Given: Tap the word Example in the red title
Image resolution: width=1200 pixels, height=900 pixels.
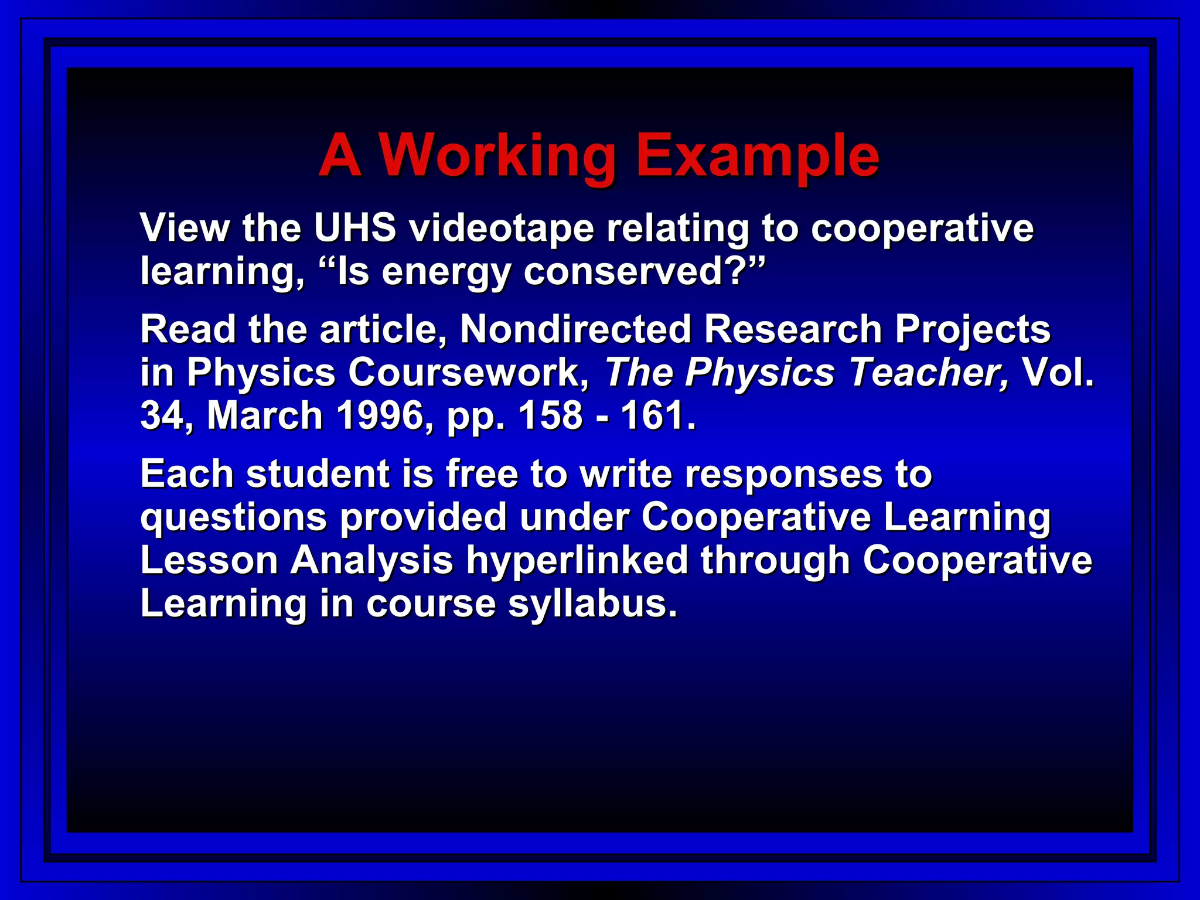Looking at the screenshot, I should click(757, 155).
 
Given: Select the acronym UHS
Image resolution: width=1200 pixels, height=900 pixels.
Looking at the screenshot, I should click(355, 227).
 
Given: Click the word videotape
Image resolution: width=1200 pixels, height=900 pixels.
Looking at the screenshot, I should click(502, 229).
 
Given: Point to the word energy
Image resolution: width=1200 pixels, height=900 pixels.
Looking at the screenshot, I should click(446, 272).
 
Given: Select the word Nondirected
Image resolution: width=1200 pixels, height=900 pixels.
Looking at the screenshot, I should click(575, 329).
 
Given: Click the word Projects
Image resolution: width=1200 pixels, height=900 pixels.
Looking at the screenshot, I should click(972, 330).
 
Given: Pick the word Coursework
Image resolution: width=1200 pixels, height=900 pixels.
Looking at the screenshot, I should click(469, 372).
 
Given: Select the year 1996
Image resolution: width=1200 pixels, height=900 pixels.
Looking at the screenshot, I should click(380, 415).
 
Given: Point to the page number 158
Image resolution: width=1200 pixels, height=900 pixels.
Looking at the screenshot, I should click(550, 415).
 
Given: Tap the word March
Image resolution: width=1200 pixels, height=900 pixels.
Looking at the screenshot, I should click(265, 415).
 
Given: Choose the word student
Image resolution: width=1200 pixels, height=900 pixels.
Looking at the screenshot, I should click(318, 473).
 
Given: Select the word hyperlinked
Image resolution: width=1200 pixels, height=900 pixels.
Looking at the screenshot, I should click(577, 560).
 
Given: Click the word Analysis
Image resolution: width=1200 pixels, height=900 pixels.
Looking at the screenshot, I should click(371, 560).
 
